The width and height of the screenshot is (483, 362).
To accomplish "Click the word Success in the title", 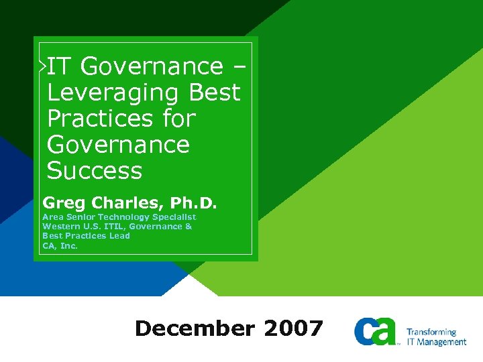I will point(95,171).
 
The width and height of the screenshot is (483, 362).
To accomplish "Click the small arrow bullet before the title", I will point(42,66).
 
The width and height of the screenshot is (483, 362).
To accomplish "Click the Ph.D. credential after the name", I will point(195,202).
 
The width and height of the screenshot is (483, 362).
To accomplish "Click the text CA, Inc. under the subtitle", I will point(60,246).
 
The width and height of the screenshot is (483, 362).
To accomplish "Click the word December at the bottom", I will point(195,328).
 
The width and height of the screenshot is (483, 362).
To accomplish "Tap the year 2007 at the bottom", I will point(293,328).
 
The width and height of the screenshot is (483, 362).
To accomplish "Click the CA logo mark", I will point(376,330).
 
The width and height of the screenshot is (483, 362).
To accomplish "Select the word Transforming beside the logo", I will point(431,332).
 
